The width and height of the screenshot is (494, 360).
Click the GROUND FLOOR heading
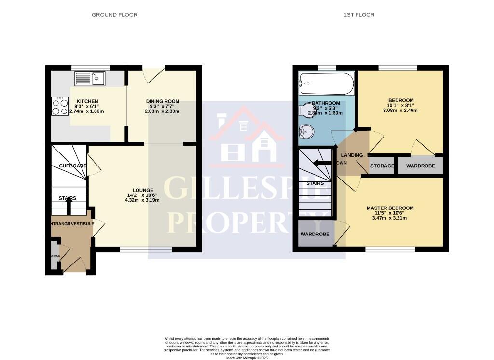[114, 15]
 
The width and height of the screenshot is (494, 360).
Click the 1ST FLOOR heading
[359, 15]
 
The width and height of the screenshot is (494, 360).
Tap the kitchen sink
[90, 79]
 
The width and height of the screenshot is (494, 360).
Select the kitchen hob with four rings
[60, 107]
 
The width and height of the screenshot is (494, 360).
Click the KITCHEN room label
[87, 101]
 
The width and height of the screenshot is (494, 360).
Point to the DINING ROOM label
[163, 101]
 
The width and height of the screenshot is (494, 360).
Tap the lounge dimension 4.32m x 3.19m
[143, 200]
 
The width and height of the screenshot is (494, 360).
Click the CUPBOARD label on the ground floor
[72, 166]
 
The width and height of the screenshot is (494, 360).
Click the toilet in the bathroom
[306, 111]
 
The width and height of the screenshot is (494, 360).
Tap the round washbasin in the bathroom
[305, 131]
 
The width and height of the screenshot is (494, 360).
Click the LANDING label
[352, 155]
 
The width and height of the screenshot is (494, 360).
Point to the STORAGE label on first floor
[382, 166]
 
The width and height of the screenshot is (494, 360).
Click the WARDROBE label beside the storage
[420, 166]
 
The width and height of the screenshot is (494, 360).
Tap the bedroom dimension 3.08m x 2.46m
[400, 111]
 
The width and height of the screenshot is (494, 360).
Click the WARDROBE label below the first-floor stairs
[315, 234]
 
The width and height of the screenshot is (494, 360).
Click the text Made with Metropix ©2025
[247, 357]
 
